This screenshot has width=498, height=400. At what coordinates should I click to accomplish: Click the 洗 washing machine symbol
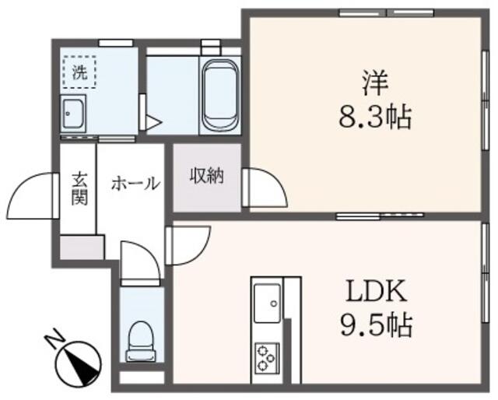click(79, 72)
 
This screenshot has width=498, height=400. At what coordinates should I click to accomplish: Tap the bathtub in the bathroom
click(219, 95)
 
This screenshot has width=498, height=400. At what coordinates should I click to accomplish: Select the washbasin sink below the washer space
click(73, 113)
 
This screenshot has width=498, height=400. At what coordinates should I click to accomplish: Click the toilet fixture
click(141, 342)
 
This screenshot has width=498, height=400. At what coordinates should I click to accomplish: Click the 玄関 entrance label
click(79, 189)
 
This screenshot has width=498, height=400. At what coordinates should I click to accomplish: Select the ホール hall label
click(135, 184)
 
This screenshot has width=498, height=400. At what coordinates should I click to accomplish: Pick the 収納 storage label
click(207, 176)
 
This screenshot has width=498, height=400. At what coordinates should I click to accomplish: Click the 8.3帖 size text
click(375, 117)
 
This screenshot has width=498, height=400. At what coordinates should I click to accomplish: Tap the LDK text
click(377, 291)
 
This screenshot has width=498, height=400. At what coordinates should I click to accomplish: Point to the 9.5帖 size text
click(377, 325)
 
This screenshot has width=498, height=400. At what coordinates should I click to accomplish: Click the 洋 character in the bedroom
click(375, 83)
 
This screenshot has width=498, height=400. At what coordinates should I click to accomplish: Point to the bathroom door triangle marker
click(153, 122)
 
